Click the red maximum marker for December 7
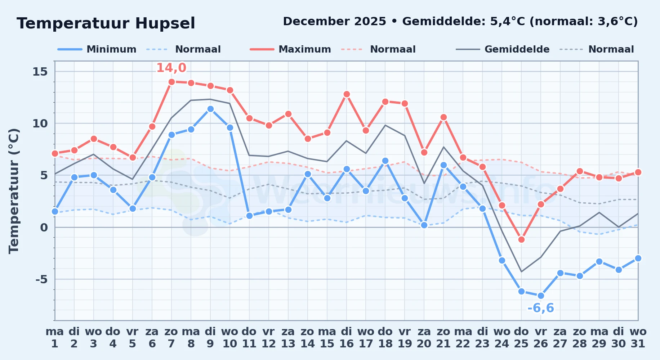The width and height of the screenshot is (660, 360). pyautogui.click(x=171, y=82)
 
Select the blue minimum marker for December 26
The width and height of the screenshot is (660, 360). pyautogui.click(x=541, y=296)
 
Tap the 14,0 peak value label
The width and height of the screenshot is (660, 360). pyautogui.click(x=171, y=68)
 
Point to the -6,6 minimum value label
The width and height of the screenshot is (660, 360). pyautogui.click(x=540, y=308)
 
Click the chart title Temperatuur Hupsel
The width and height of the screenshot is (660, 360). pyautogui.click(x=106, y=23)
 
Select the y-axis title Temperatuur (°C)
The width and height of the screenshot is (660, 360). pyautogui.click(x=14, y=191)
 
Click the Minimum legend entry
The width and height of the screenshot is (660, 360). pyautogui.click(x=97, y=49)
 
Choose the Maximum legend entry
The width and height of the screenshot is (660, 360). pyautogui.click(x=290, y=49)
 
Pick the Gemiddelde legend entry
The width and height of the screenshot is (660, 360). pyautogui.click(x=503, y=49)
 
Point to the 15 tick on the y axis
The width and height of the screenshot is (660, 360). pyautogui.click(x=40, y=72)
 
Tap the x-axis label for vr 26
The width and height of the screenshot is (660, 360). pyautogui.click(x=541, y=338)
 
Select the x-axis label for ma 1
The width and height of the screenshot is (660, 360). pyautogui.click(x=55, y=338)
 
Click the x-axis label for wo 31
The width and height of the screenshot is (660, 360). pyautogui.click(x=638, y=338)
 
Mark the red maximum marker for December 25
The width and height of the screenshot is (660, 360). pyautogui.click(x=521, y=239)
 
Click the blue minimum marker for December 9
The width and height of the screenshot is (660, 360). pyautogui.click(x=210, y=109)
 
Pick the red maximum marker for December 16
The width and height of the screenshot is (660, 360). pyautogui.click(x=347, y=94)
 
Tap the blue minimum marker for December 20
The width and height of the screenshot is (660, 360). pyautogui.click(x=424, y=225)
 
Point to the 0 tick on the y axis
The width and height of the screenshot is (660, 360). pyautogui.click(x=44, y=227)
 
